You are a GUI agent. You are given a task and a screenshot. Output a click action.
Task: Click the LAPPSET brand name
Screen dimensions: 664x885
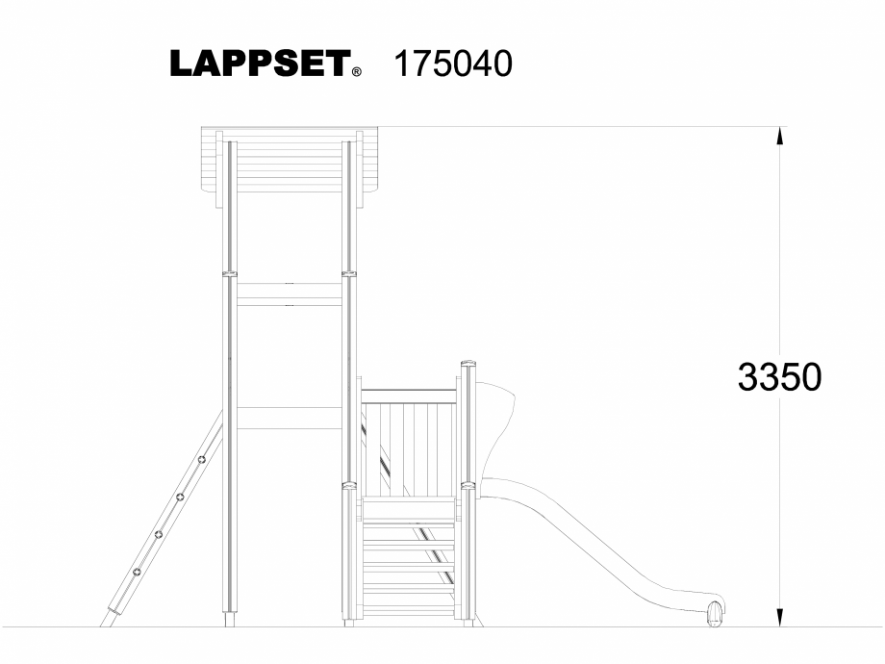point(259,64)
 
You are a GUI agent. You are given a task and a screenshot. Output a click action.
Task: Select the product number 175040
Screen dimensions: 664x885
point(453,64)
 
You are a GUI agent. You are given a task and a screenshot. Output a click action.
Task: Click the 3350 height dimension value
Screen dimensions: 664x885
point(779,377)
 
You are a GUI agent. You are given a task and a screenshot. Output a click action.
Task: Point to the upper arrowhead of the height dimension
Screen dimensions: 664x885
point(780,136)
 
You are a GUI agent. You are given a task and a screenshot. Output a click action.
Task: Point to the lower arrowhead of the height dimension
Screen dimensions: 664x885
point(780,616)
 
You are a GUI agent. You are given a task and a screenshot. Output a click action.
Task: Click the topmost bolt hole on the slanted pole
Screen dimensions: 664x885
point(202,460)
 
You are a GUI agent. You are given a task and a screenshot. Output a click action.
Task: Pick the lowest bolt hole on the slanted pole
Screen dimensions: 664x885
point(138,572)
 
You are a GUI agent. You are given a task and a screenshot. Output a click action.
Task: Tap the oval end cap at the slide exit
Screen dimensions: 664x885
point(714,612)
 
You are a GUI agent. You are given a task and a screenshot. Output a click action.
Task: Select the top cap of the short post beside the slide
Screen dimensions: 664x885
point(468,364)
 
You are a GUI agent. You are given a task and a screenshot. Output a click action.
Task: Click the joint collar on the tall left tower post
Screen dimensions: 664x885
point(230,274)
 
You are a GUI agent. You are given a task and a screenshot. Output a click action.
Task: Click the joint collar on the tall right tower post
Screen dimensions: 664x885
point(349,274)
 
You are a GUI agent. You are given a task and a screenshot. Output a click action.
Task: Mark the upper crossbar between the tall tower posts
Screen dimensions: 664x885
point(290,294)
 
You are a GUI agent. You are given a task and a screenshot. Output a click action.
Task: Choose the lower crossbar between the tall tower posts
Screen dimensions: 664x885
point(290,418)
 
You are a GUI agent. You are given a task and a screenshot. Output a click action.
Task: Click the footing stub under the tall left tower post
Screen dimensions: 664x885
point(229,621)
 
